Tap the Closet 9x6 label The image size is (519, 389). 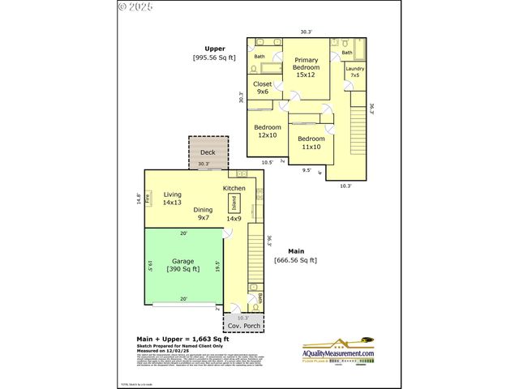(x=263, y=88)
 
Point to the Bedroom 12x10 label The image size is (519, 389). (x=268, y=131)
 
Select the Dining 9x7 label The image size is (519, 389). (x=203, y=214)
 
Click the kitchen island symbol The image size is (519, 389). (x=234, y=202)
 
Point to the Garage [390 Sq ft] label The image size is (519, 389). (x=183, y=265)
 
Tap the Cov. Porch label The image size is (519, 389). (x=243, y=326)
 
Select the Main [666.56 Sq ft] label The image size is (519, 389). (x=296, y=256)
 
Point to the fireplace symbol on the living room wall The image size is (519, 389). (x=148, y=199)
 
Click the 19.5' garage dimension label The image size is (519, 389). (x=218, y=265)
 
